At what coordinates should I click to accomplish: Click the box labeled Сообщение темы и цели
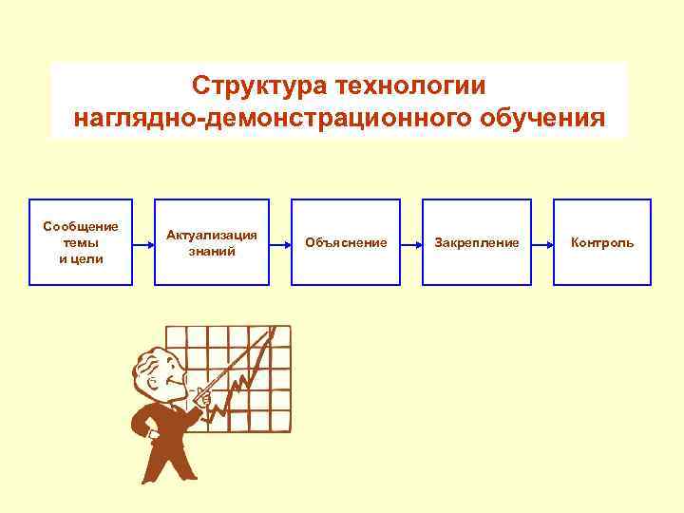click(x=81, y=242)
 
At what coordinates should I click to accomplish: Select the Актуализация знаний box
click(x=212, y=242)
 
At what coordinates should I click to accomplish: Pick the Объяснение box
click(x=346, y=242)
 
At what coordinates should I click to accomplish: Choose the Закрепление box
click(x=476, y=242)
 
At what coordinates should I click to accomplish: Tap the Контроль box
click(x=602, y=242)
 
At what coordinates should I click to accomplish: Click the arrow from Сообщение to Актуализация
click(x=142, y=243)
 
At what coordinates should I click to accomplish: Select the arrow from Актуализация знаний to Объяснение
click(x=279, y=243)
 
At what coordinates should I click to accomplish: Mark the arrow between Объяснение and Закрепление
click(x=410, y=243)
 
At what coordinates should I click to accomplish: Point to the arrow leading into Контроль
click(x=541, y=243)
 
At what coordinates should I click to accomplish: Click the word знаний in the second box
click(x=212, y=252)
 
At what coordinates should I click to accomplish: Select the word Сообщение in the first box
click(x=81, y=226)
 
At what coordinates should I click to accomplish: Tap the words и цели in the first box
click(x=81, y=259)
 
